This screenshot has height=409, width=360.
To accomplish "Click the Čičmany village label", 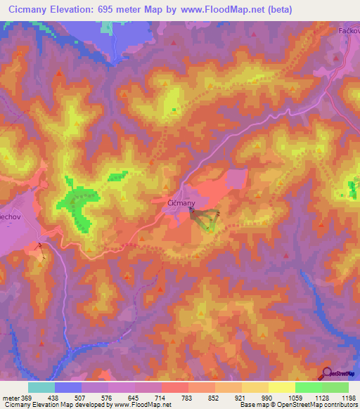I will [x=181, y=202].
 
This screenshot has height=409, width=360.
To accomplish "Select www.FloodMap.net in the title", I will [x=216, y=9].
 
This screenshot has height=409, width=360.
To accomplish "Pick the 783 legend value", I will [x=188, y=397].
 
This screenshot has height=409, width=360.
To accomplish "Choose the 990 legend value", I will [x=268, y=397].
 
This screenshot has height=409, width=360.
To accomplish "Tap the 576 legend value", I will [x=108, y=397].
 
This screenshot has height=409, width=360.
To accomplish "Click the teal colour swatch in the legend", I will [x=41, y=387].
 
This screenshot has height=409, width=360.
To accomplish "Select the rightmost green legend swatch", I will [x=335, y=387].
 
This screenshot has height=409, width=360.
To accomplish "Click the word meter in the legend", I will [x=11, y=397].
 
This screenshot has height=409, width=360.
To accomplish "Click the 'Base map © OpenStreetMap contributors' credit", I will [x=298, y=405].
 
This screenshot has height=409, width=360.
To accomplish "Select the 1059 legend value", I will [x=294, y=397].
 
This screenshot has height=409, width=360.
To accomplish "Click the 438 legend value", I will [x=54, y=397].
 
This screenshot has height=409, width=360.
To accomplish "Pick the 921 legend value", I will [x=241, y=397].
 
